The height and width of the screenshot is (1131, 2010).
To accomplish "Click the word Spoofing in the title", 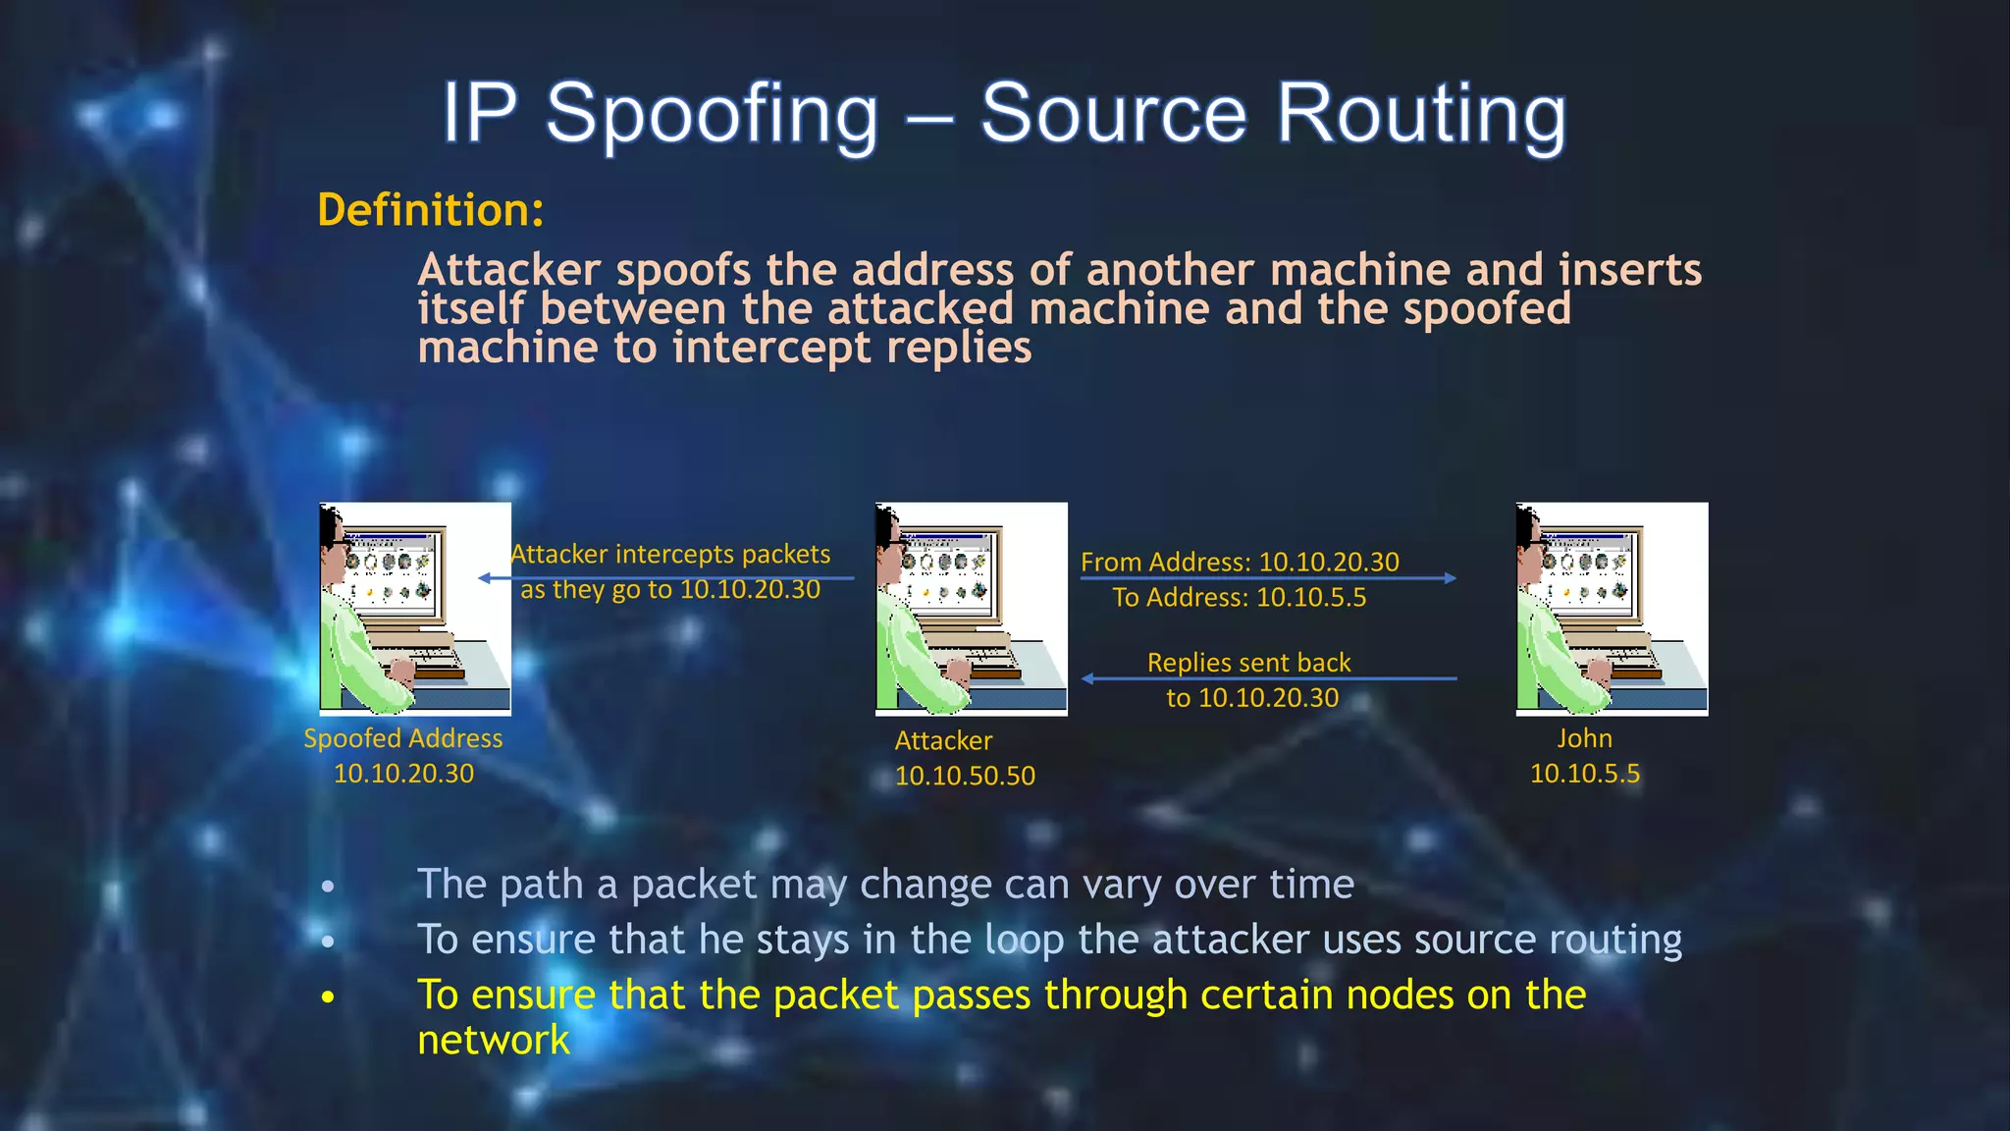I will [712, 115].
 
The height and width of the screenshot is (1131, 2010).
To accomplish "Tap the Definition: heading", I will [430, 210].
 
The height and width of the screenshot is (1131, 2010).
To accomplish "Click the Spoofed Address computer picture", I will [414, 609].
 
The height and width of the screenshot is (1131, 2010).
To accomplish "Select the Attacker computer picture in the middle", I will [971, 609].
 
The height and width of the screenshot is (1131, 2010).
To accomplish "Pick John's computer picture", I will [1612, 609].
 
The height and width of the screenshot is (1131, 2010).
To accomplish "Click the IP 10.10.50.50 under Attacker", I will [965, 776].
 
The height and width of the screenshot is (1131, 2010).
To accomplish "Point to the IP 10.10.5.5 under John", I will [1584, 774].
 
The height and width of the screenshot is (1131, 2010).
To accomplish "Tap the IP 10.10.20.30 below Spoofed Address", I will [403, 774].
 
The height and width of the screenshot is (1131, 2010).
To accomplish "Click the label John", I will [1584, 738].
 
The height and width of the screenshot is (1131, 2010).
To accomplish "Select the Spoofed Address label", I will [402, 738].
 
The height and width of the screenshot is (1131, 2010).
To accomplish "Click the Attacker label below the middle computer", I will [943, 741].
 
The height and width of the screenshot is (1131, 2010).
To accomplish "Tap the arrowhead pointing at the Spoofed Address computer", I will [484, 578].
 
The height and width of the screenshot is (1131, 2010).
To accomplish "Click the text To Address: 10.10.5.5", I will [1239, 598].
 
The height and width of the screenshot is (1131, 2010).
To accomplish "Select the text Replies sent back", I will [1248, 663].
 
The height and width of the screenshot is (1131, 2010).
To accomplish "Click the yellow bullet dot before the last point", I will [328, 997].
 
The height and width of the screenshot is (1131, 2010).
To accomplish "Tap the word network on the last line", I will [493, 1041].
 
